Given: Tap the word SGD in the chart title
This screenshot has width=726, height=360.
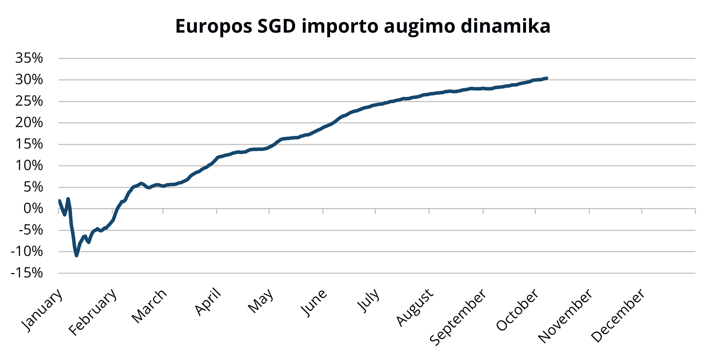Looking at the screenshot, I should click(277, 26).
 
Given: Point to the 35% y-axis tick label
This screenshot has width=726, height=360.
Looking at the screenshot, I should click(29, 58).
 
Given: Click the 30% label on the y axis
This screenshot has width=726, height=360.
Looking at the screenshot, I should click(29, 80).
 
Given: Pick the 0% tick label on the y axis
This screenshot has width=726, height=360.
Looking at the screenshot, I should click(33, 208).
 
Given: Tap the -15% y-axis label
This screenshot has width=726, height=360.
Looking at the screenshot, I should click(27, 273).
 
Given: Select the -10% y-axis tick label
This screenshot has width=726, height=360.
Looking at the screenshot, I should click(27, 251).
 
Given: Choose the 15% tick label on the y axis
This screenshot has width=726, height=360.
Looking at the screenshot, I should click(29, 144).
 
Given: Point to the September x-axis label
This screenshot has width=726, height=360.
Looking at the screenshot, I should click(458, 317).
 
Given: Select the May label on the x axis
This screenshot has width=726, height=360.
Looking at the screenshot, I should click(261, 301).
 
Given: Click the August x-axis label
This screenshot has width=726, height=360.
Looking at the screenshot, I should click(415, 307).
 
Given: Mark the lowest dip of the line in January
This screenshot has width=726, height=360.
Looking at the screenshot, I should click(76, 256).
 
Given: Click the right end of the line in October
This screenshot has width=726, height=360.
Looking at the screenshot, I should click(547, 78).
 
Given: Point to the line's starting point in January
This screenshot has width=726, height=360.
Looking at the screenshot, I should click(59, 201).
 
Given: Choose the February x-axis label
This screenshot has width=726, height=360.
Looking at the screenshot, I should click(93, 312).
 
